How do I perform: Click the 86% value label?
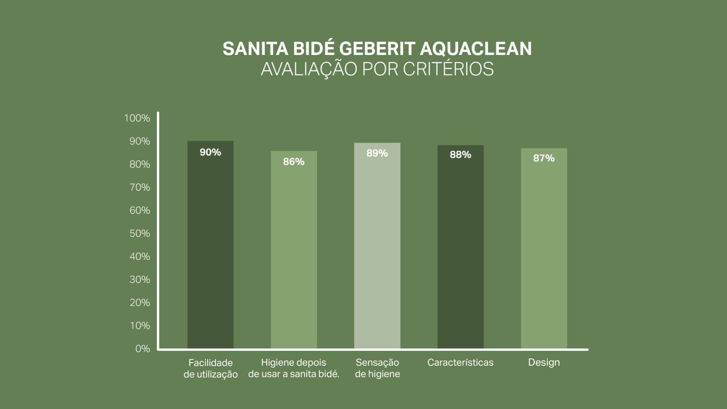[294, 162]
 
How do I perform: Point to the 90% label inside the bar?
[210, 152]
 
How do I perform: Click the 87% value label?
[543, 158]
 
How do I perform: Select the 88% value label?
[460, 155]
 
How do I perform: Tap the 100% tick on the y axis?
[137, 118]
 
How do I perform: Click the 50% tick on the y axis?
[139, 234]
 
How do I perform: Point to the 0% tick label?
[142, 349]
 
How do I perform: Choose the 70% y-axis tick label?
[139, 187]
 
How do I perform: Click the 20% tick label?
[139, 303]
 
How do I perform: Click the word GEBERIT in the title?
[377, 49]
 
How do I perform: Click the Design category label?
[543, 363]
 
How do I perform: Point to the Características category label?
[460, 363]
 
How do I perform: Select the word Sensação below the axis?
[377, 363]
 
